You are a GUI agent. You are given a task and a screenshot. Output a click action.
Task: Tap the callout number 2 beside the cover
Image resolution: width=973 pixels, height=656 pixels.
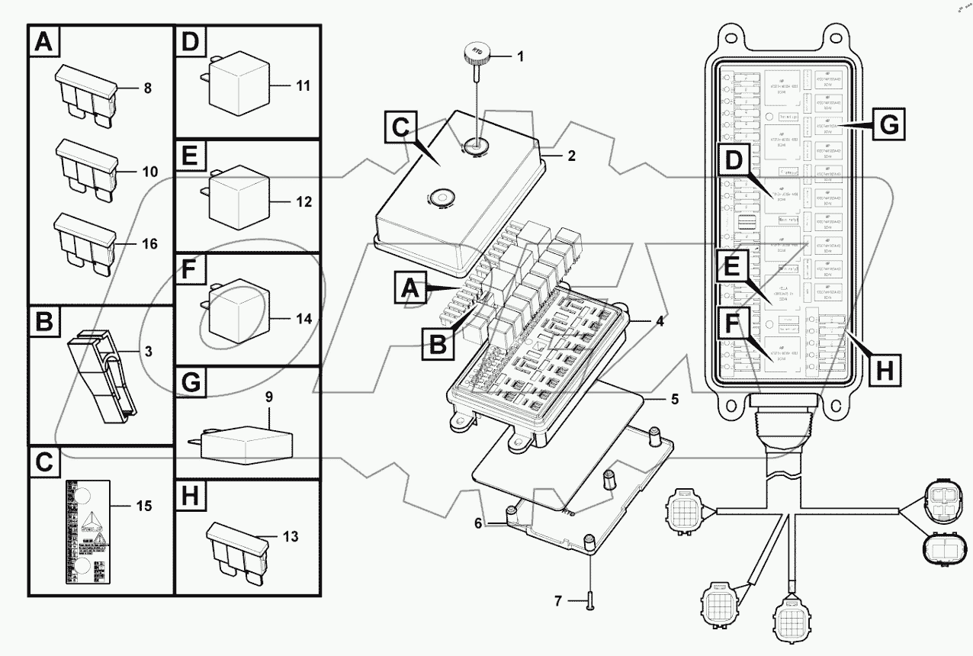[x=570, y=155]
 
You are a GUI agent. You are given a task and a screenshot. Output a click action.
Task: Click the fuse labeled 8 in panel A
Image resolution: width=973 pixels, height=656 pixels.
[x=85, y=95]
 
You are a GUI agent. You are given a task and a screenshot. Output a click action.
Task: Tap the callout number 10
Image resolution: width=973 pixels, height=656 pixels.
[x=149, y=172]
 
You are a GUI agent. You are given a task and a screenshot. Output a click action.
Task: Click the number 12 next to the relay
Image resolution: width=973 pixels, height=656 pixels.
[x=304, y=203]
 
